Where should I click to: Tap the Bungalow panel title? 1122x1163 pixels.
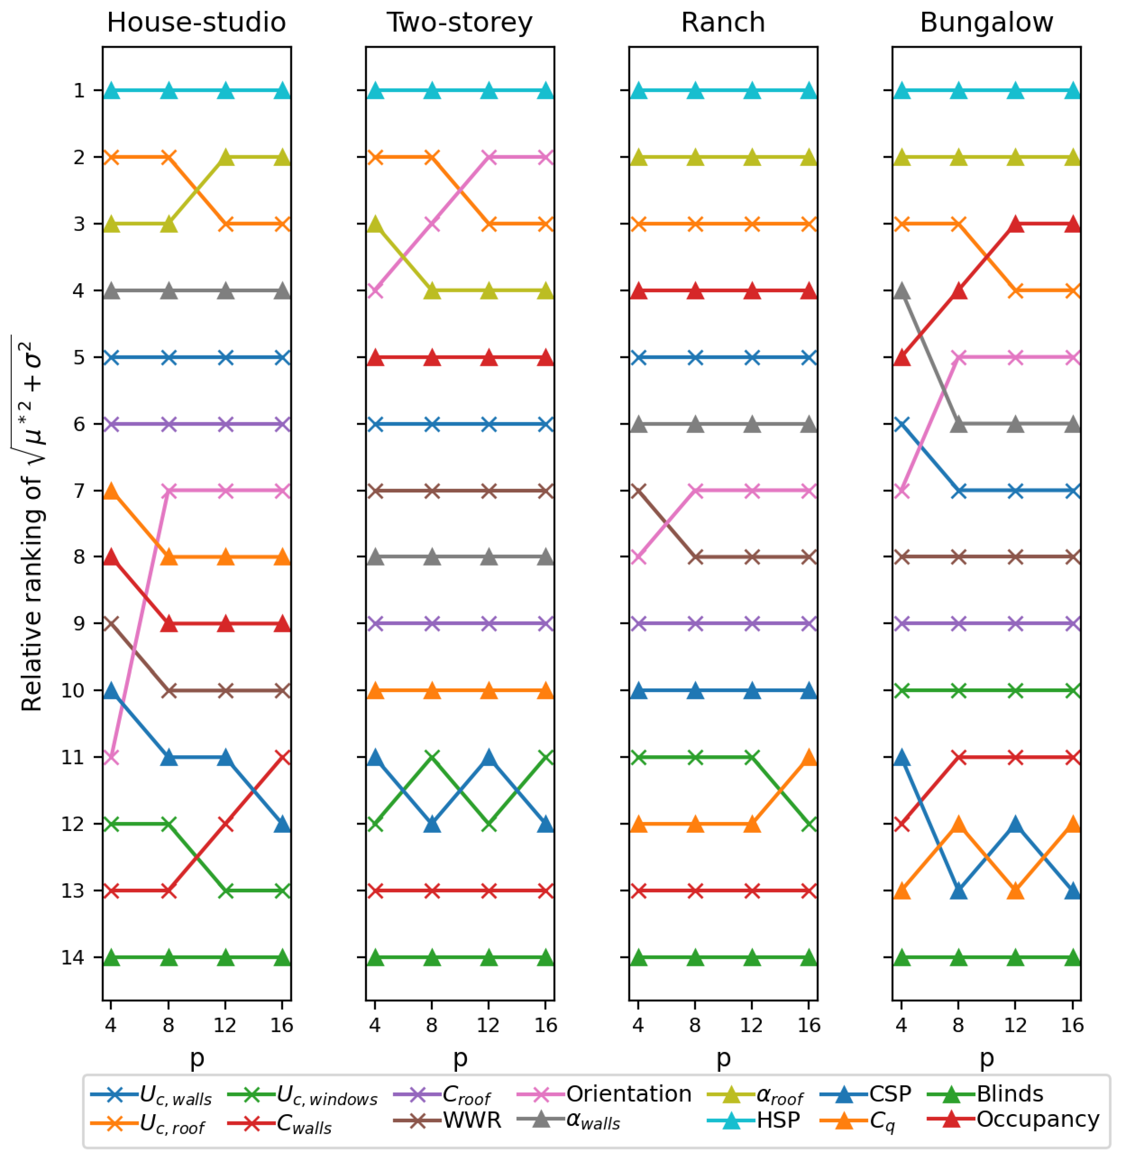986,22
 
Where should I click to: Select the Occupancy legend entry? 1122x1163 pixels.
1037,1119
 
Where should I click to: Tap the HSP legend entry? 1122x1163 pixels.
778,1120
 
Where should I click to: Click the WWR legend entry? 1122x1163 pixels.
472,1120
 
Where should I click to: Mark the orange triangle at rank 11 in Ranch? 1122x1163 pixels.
809,757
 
